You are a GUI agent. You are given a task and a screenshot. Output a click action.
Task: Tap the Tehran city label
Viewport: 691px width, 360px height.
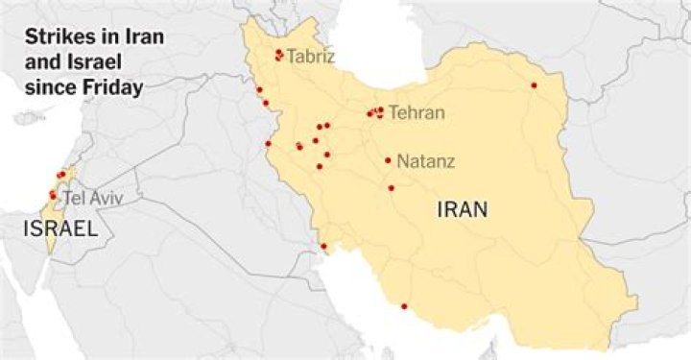417,113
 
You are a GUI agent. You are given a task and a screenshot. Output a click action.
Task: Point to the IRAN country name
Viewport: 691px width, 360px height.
462,208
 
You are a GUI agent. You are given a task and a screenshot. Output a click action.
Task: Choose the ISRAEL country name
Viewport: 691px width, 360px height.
60,228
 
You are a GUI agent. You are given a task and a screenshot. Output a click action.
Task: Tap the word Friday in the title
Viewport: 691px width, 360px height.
117,87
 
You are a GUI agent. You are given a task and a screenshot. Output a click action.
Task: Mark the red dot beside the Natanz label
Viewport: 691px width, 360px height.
388,160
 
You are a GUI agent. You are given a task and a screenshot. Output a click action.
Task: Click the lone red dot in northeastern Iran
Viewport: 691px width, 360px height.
534,85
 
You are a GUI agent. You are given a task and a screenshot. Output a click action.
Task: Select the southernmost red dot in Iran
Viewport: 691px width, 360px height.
404,306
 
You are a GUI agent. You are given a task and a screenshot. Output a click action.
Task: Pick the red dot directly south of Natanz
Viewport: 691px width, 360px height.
391,187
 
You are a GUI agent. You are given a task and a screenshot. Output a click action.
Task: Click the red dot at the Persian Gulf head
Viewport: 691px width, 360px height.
323,247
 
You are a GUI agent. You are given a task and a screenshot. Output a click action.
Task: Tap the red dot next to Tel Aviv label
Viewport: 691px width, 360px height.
53,196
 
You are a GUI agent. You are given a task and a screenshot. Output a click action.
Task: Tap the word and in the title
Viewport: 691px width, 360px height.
40,64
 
